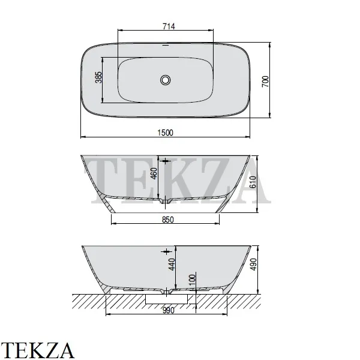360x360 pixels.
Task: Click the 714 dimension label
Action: (x=169, y=26)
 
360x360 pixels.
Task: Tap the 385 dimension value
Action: (x=98, y=77)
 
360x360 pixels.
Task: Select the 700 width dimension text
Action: (x=265, y=82)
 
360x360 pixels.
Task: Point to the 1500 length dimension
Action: (x=166, y=133)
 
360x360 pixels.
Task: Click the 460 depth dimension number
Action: (x=154, y=173)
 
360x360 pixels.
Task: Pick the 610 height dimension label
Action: (x=253, y=182)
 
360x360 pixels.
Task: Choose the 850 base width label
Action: (x=168, y=220)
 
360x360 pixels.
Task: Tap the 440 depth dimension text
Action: (x=172, y=264)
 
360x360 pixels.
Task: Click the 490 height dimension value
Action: (x=253, y=265)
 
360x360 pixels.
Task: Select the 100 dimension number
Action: (x=193, y=280)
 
